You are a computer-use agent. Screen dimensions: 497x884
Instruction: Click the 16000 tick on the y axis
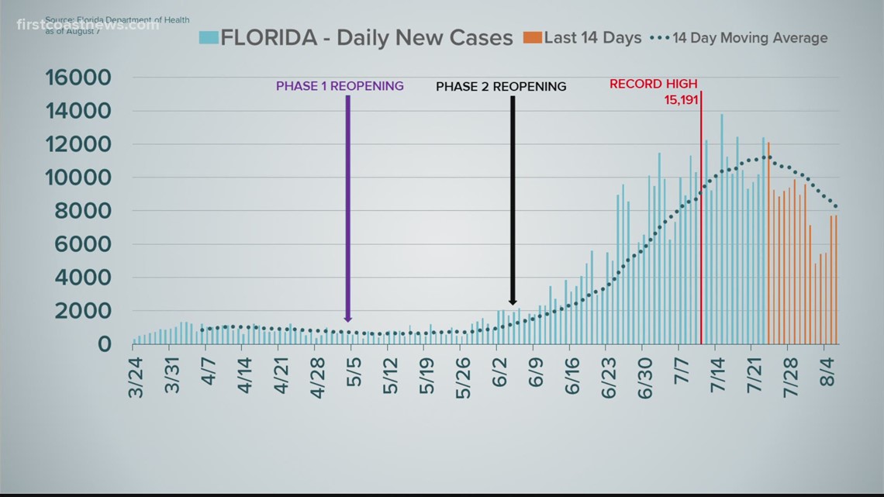click(x=78, y=78)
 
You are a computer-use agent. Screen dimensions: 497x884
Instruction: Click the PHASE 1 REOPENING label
click(x=340, y=86)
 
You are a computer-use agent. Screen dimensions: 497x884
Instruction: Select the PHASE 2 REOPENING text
click(x=501, y=87)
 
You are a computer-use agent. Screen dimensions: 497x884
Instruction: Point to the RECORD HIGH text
click(x=653, y=84)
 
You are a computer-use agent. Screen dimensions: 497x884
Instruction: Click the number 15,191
click(x=681, y=100)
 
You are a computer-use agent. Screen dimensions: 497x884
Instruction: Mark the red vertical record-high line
click(x=701, y=233)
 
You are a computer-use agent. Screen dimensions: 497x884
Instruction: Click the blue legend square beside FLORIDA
click(x=209, y=37)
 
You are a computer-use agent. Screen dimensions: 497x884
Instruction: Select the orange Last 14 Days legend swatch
click(x=532, y=37)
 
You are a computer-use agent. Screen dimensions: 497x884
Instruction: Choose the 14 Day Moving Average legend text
click(x=749, y=38)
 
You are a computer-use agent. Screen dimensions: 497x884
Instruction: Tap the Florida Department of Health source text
click(x=117, y=19)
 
